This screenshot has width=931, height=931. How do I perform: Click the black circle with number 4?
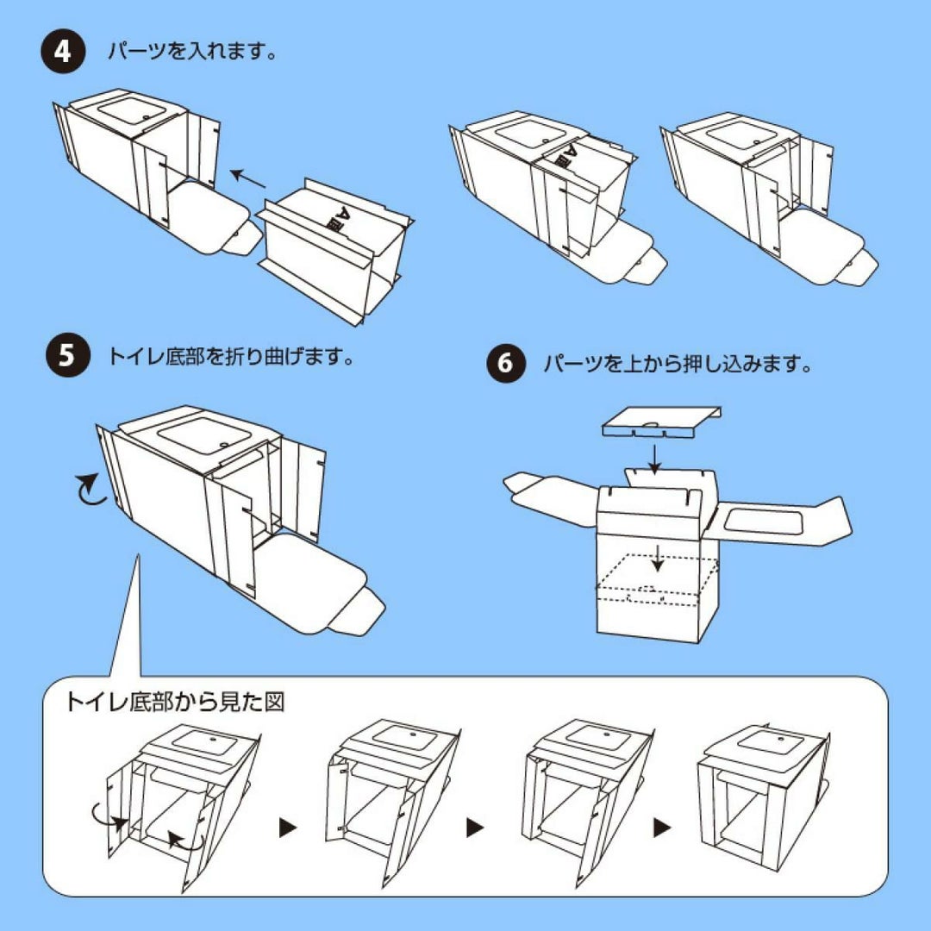click(x=63, y=53)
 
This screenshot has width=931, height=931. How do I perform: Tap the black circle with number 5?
click(x=67, y=356)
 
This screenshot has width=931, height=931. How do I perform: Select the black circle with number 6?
click(x=506, y=363)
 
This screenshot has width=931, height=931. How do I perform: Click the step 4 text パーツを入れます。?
click(x=191, y=53)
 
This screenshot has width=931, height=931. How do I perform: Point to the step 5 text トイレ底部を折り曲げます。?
click(x=231, y=356)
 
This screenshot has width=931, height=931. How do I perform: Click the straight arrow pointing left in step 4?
click(x=248, y=179)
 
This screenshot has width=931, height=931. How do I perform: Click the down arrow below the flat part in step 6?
click(x=655, y=456)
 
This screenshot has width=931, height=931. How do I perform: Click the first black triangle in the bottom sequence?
click(x=288, y=828)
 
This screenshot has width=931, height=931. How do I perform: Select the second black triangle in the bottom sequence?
click(x=475, y=828)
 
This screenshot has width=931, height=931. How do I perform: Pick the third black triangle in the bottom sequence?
click(x=661, y=828)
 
